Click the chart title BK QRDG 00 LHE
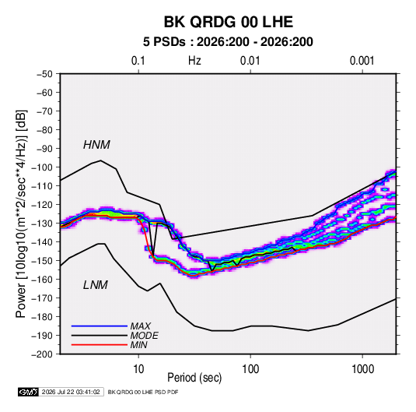click(x=228, y=22)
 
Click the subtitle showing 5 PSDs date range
click(x=228, y=42)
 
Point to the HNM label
click(x=96, y=145)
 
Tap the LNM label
click(x=96, y=285)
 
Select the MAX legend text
click(x=141, y=326)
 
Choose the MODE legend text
click(x=145, y=336)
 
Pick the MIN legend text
click(x=138, y=345)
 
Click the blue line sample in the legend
click(x=100, y=326)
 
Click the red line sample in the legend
click(x=100, y=345)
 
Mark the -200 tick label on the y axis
click(x=43, y=354)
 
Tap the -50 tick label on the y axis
click(x=44, y=74)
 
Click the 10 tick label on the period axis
click(x=138, y=369)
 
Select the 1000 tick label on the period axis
click(x=362, y=369)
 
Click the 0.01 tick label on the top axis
click(x=250, y=61)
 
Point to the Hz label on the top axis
click(x=194, y=61)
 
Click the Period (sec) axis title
click(x=194, y=378)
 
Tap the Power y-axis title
click(x=21, y=214)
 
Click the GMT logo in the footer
click(x=29, y=392)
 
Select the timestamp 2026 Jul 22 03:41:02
click(x=71, y=392)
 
